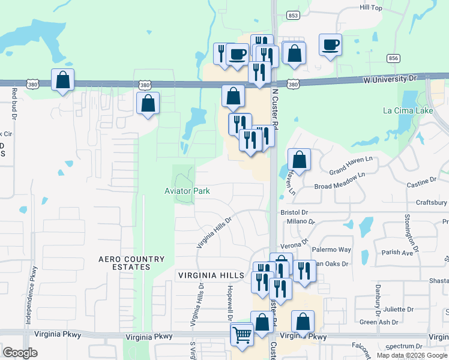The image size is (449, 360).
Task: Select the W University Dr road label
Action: [x=389, y=79]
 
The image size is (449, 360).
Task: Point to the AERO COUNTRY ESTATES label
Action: [x=131, y=263]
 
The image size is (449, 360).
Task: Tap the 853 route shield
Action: [x=292, y=16]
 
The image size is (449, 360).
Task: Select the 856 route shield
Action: [x=394, y=58]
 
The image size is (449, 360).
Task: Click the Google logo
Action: [x=20, y=353]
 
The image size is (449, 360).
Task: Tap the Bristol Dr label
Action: [x=294, y=212]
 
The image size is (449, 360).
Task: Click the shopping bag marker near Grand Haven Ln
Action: [x=299, y=161]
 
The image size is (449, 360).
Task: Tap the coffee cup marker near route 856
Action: [x=331, y=45]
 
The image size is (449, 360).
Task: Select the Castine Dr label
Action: [x=420, y=180]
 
